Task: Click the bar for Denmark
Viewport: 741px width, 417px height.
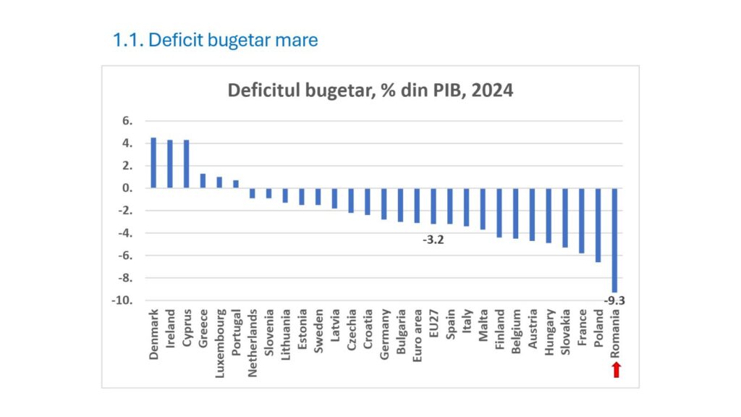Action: pos(153,163)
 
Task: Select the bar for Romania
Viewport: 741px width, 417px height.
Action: pos(614,239)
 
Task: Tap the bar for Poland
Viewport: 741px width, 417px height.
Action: pos(598,224)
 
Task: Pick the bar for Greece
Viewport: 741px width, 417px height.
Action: pos(203,181)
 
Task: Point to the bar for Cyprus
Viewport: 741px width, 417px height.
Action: pos(186,164)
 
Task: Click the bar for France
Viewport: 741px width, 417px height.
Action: pos(581,220)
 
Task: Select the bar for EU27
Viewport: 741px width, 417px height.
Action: pos(433,206)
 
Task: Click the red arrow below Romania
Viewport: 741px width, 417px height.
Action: pos(616,370)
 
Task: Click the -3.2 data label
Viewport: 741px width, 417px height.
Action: pos(433,240)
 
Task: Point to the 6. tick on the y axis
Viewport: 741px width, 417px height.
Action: pos(128,121)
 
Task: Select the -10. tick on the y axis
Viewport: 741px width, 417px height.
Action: pos(124,300)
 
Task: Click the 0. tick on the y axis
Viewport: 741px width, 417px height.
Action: pos(128,188)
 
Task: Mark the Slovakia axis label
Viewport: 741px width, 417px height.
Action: pos(565,335)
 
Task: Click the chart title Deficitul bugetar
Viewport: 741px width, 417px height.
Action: pos(370,90)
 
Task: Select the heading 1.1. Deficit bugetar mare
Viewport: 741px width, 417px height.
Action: pos(215,40)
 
